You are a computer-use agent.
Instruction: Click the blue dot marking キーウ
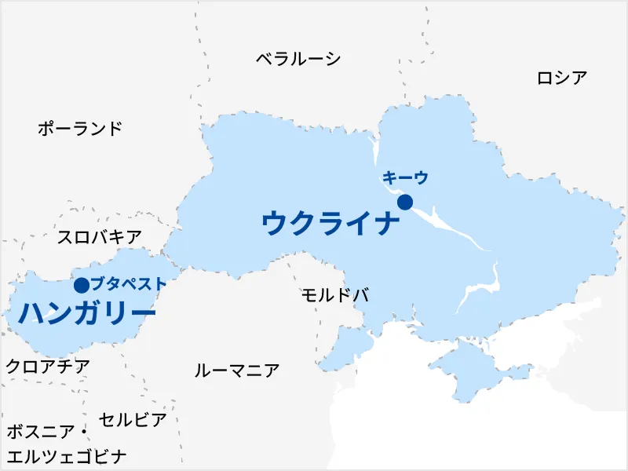click(x=405, y=203)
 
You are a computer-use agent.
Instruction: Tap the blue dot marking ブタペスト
click(x=81, y=285)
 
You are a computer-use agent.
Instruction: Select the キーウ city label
click(x=405, y=179)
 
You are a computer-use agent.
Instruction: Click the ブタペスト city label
click(x=128, y=284)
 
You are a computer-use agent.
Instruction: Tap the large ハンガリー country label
click(x=86, y=313)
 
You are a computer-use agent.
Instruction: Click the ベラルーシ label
click(x=298, y=59)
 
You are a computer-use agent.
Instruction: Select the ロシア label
click(x=562, y=78)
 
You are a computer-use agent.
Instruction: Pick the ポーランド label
click(x=80, y=129)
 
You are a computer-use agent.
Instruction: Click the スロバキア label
click(x=100, y=237)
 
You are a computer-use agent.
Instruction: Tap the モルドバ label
click(x=335, y=295)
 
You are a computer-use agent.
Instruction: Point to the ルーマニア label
click(x=237, y=371)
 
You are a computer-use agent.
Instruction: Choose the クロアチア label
click(x=47, y=366)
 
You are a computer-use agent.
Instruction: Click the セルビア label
click(x=133, y=420)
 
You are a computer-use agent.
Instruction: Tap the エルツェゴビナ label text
click(x=67, y=456)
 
